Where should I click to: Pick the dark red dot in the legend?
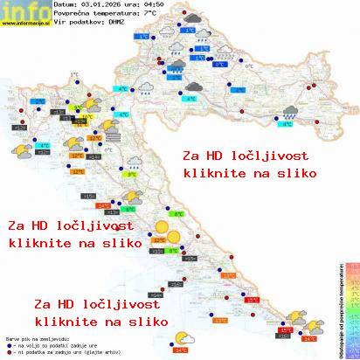(9, 351)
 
